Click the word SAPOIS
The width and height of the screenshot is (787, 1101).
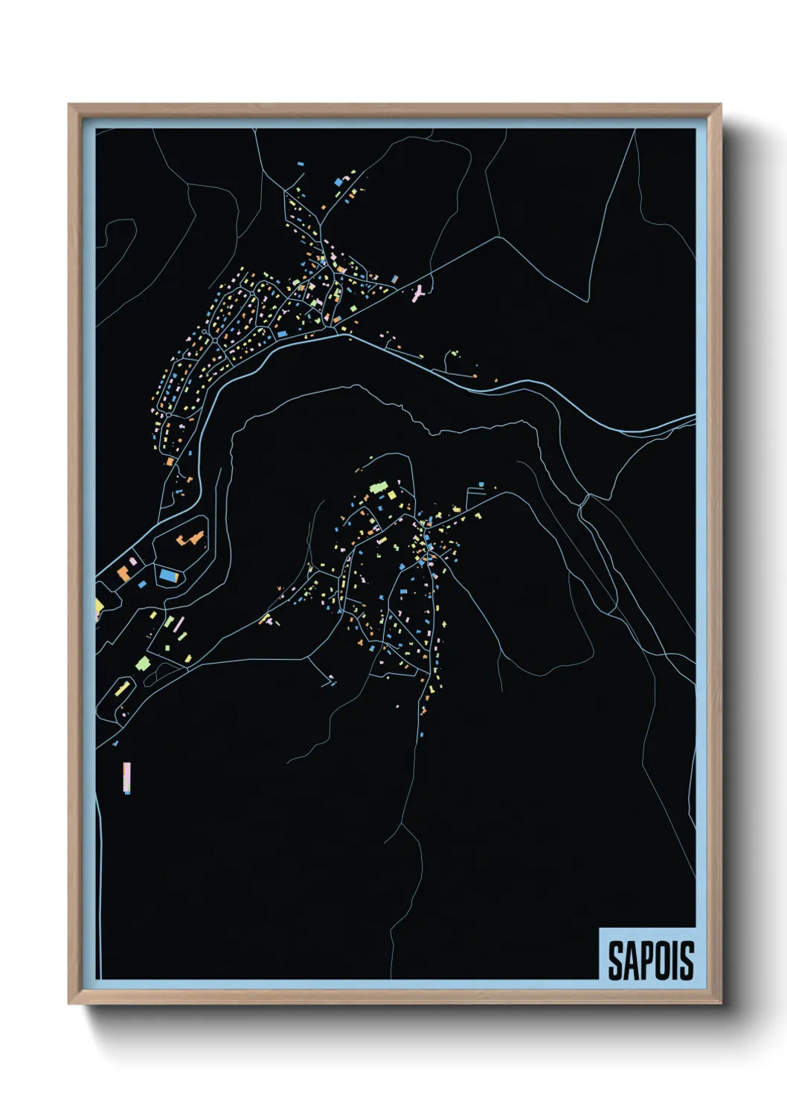tap(651, 960)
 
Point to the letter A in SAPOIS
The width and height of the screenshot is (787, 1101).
tap(630, 960)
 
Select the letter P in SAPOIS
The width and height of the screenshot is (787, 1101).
tap(646, 960)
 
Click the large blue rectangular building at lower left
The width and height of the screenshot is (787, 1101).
tap(169, 575)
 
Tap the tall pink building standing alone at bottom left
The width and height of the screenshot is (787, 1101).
tap(127, 777)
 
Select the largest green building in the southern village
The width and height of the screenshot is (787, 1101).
tap(379, 488)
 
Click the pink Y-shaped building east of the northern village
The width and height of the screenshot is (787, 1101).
tap(418, 292)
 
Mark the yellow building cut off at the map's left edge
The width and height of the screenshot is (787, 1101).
tap(99, 607)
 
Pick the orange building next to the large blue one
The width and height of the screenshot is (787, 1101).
tap(123, 573)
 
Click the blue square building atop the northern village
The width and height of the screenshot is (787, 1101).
tap(338, 182)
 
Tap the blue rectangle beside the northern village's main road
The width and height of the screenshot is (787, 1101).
tap(282, 334)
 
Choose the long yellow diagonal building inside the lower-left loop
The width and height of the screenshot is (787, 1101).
tap(123, 687)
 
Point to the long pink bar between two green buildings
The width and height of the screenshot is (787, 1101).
tap(170, 622)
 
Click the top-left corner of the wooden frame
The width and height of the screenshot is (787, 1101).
tap(69, 105)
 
